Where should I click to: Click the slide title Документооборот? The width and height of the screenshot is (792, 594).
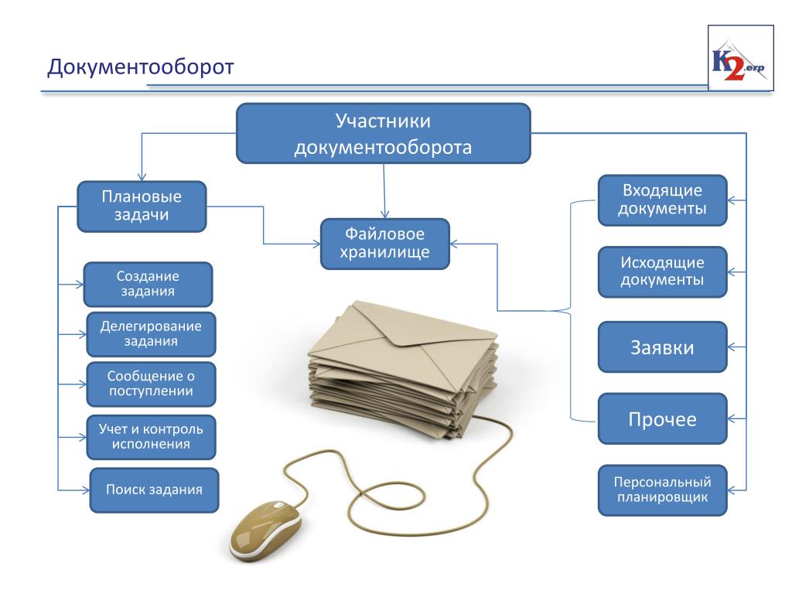tap(141, 67)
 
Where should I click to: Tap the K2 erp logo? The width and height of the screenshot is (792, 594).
tap(740, 58)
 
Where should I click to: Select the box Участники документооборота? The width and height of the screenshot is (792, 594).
tap(384, 133)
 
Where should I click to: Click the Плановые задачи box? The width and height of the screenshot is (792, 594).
tap(142, 206)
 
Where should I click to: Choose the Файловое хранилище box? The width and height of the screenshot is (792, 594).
tap(385, 244)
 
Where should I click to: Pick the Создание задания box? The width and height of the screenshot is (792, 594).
tap(148, 285)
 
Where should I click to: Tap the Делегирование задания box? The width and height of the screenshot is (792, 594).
tap(151, 334)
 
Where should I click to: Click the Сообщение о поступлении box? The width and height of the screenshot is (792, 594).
tap(151, 384)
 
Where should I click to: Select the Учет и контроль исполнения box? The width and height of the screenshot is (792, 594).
tap(151, 437)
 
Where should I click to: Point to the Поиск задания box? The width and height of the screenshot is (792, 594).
tap(154, 490)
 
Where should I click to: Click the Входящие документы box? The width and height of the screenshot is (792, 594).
tap(663, 200)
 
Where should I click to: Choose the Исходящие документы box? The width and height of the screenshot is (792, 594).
tap(663, 271)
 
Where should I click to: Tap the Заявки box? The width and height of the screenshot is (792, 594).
tap(663, 347)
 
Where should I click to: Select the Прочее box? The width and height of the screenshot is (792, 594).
tap(663, 418)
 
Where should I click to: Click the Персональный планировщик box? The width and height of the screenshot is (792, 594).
tap(663, 490)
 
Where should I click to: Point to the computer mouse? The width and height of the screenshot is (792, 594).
tap(265, 531)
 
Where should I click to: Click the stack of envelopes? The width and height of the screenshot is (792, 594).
tap(403, 369)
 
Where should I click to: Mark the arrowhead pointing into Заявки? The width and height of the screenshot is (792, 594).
tap(732, 347)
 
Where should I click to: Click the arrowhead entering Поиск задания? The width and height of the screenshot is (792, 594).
tap(85, 490)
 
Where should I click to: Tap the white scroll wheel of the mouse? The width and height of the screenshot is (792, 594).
tap(278, 505)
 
